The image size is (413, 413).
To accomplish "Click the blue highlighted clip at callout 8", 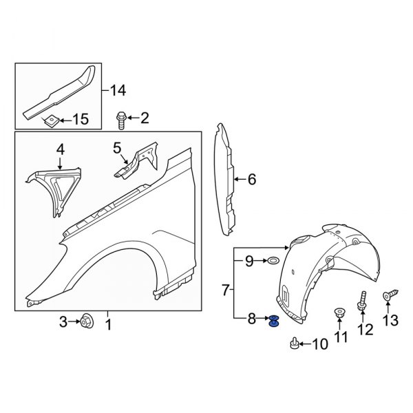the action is pos(274,321).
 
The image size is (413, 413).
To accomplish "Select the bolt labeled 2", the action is pos(121,120).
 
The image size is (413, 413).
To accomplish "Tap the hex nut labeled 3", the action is pos(86,321).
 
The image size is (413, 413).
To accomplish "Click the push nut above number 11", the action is pos(339,313).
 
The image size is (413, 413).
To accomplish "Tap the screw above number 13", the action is pos(390,295).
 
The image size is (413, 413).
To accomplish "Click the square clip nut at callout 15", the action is pos(51,120).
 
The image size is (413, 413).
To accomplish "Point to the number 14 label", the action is pos(118,91).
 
